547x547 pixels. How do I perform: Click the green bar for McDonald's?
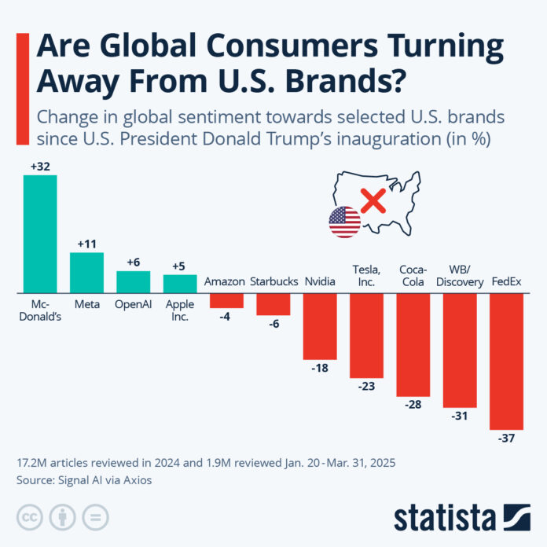40,233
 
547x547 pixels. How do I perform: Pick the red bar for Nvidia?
319,325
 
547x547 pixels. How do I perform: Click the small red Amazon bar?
226,300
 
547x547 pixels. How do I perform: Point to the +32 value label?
40,166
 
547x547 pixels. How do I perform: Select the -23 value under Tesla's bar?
365,387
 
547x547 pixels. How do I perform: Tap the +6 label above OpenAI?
133,262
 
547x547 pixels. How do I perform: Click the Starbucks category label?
273,281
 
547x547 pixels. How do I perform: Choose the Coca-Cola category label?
413,274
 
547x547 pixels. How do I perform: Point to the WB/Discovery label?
459,274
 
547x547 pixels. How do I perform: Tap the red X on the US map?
373,200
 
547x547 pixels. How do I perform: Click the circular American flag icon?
344,222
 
